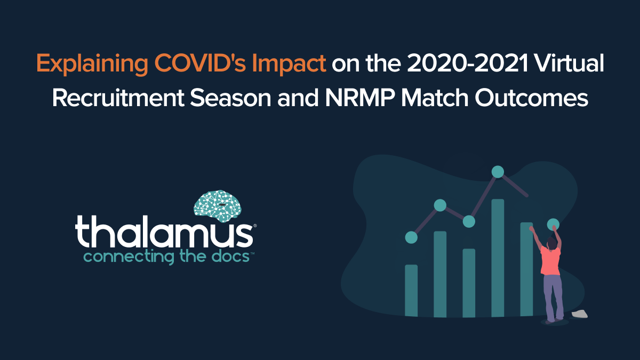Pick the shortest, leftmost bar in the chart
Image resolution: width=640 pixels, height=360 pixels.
point(411,291)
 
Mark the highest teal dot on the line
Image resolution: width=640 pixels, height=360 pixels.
point(498,171)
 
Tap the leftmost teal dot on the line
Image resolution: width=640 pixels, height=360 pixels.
point(411,237)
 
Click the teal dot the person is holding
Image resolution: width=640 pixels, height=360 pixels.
point(553,224)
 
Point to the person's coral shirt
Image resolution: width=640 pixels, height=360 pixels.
point(550,260)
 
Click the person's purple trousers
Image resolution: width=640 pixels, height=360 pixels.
point(553,296)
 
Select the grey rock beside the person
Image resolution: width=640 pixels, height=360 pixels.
point(579,314)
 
